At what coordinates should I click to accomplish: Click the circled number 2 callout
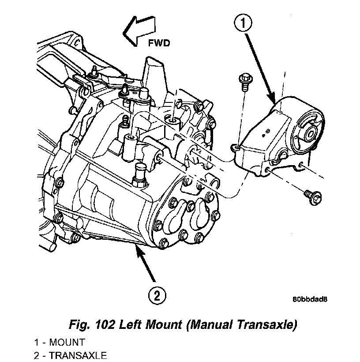coord(157,295)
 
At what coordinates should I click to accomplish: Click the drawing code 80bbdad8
coord(310,299)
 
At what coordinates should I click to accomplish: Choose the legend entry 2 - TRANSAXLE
coord(70,355)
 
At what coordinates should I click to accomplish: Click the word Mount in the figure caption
coord(165,326)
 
